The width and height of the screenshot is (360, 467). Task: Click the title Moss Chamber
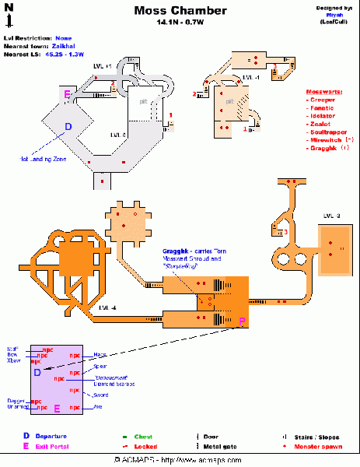[x=180, y=11]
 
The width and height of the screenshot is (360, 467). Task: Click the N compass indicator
[x=9, y=8]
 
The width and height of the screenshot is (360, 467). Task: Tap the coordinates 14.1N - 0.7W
[x=180, y=23]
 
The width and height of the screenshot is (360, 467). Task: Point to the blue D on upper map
[x=68, y=126]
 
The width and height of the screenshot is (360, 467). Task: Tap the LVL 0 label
[x=118, y=134]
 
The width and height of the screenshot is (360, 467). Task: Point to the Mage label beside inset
[x=100, y=355]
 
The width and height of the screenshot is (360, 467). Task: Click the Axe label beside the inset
[x=98, y=406]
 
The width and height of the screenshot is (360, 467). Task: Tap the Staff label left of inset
[x=12, y=349]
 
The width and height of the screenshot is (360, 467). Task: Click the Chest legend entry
[x=144, y=436]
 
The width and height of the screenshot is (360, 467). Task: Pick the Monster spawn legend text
[x=315, y=447]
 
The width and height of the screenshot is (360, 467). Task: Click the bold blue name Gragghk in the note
[x=176, y=251]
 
